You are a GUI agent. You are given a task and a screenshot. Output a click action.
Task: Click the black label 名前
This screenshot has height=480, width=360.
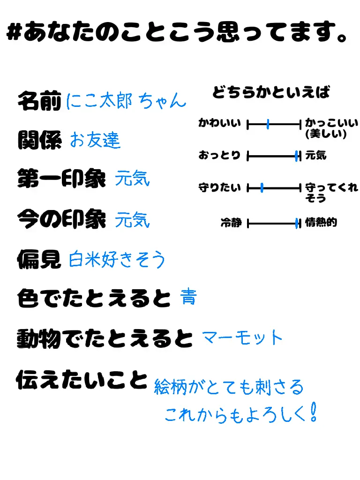pos(39,101)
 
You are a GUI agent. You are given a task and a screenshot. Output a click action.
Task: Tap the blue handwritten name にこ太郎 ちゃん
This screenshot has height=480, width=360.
pos(126,101)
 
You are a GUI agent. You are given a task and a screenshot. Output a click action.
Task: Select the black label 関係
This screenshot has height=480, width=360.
pos(39,140)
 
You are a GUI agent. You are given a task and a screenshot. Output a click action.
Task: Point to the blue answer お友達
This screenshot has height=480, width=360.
pos(95,140)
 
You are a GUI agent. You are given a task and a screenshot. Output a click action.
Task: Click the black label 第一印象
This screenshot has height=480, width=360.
pos(61,179)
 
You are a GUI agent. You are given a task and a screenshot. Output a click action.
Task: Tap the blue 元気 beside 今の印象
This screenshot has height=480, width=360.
pos(133,219)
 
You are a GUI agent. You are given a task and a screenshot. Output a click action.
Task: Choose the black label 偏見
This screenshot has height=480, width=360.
pos(39,258)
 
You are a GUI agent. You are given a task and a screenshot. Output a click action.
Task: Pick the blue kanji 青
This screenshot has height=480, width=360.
pos(188,297)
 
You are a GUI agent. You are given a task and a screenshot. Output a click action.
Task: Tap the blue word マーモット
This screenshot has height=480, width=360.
pos(242,337)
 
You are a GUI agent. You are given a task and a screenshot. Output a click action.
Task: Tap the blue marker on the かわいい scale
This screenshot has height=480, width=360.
pos(268,124)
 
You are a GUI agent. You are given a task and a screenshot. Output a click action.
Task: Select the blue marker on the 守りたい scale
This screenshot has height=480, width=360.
pos(262,188)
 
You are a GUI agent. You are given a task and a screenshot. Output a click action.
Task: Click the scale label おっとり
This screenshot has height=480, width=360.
pos(219,155)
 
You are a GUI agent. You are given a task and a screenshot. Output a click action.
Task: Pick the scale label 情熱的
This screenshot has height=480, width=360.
pos(321,223)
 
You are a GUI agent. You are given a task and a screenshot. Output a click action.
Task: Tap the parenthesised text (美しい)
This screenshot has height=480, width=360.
pos(325,134)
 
